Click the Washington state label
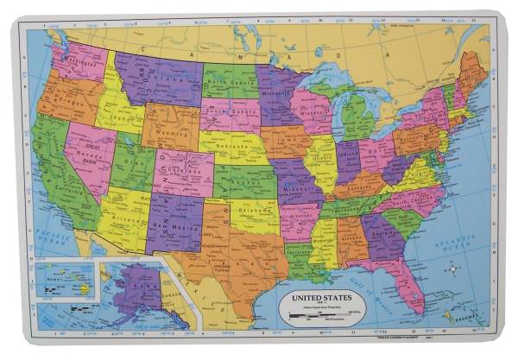[76, 63]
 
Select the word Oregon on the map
[66, 99]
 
